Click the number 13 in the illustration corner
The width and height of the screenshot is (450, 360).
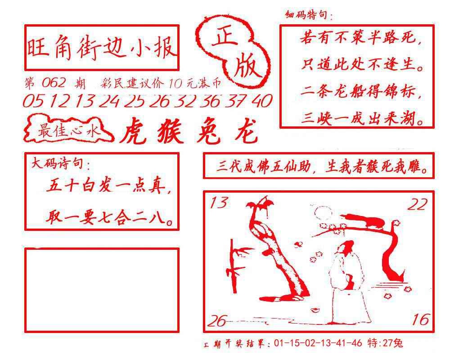pyautogui.click(x=219, y=202)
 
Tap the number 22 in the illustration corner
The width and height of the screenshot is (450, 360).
pyautogui.click(x=418, y=204)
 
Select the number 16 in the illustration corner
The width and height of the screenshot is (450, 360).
pyautogui.click(x=421, y=319)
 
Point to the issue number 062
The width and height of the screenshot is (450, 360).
pyautogui.click(x=54, y=83)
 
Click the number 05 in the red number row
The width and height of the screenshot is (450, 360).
pyautogui.click(x=34, y=101)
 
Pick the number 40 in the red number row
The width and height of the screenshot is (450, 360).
pyautogui.click(x=262, y=101)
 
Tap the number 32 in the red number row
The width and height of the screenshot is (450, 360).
pyautogui.click(x=185, y=101)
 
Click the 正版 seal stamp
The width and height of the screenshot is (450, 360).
pyautogui.click(x=233, y=52)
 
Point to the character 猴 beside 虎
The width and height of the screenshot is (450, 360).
pyautogui.click(x=170, y=131)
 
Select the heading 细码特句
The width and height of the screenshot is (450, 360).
pyautogui.click(x=309, y=14)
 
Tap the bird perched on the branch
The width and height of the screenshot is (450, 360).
pyautogui.click(x=364, y=220)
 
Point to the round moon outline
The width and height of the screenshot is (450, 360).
pyautogui.click(x=323, y=213)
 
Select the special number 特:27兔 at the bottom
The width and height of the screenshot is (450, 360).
pyautogui.click(x=385, y=343)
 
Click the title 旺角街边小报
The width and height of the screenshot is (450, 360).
pyautogui.click(x=101, y=48)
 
